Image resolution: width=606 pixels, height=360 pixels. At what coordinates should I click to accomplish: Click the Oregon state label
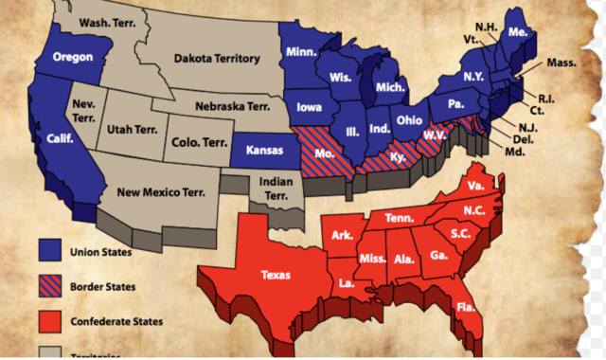coord(72,57)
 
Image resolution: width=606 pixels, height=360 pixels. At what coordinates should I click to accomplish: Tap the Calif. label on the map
coord(61,137)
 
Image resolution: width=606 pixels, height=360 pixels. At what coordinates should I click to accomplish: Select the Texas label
coord(281,275)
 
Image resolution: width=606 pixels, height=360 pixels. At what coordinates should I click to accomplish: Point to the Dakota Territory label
coord(217,59)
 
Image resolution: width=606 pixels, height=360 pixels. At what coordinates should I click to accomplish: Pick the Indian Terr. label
coord(275,188)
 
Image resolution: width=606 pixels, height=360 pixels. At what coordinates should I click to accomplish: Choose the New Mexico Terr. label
coord(161,192)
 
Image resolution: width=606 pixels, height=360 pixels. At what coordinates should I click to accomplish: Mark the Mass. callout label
coord(563,63)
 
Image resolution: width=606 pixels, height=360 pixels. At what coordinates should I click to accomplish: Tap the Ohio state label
coord(409,121)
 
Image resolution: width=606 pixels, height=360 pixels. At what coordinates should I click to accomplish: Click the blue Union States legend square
coord(49,250)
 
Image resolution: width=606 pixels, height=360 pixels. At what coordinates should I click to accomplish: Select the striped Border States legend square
coord(49,285)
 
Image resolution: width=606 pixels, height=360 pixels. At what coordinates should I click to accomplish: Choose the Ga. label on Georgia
coord(439,255)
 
